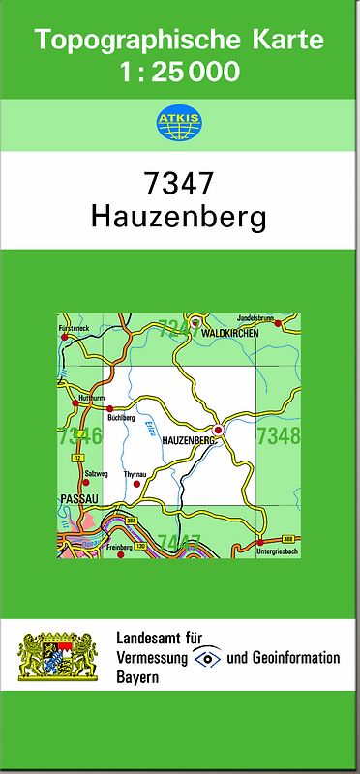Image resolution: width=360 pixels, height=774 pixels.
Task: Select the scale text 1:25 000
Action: point(179,72)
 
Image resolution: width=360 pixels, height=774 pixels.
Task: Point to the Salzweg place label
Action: point(96,473)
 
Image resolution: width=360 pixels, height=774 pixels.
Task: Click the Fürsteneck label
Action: point(75,329)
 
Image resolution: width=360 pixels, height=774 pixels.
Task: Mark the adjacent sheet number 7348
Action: point(279,436)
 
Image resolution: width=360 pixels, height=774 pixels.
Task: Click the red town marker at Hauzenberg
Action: point(219,429)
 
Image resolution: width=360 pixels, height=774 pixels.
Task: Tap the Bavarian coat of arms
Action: point(58,657)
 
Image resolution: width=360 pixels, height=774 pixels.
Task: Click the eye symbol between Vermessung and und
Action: point(206,658)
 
